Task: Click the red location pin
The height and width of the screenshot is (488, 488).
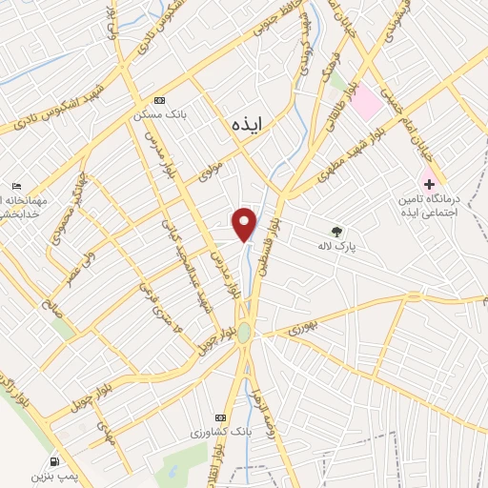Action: click(246, 223)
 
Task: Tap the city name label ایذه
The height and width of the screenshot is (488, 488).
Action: click(250, 124)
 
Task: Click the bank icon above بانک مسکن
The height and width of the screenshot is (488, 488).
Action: click(159, 101)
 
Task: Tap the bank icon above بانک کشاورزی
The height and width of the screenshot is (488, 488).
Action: click(221, 418)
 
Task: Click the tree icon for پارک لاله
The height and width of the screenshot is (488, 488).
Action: click(335, 231)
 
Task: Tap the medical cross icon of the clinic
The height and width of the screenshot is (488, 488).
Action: click(429, 183)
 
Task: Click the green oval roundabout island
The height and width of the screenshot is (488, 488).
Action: click(244, 332)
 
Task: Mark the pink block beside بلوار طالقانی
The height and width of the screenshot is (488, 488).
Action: click(366, 105)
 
